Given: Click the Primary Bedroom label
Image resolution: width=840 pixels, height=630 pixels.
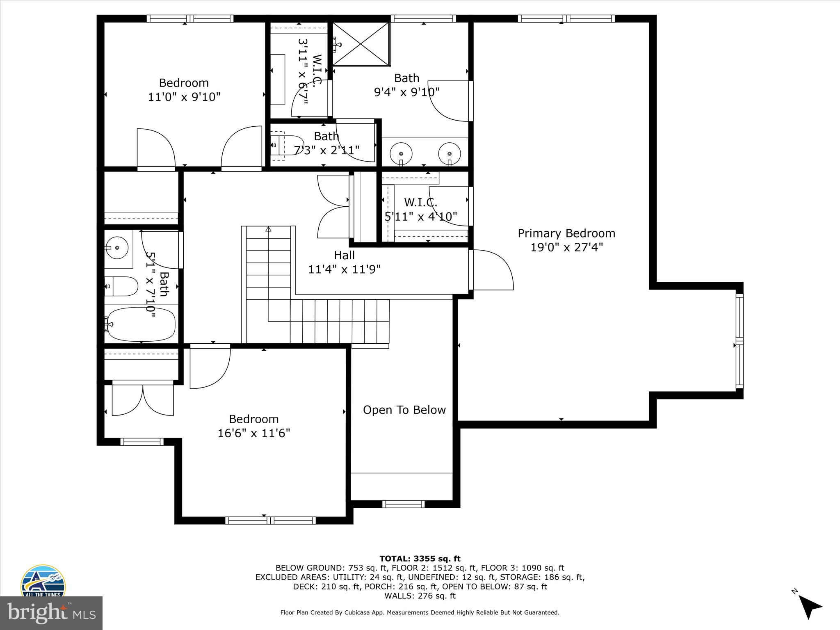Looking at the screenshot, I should click(x=566, y=233).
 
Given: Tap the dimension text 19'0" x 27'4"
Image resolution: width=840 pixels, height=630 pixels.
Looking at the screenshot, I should click(x=566, y=247).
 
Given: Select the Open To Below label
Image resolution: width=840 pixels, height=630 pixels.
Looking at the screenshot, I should click(x=404, y=410).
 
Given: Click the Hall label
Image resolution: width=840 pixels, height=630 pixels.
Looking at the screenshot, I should click(x=344, y=255).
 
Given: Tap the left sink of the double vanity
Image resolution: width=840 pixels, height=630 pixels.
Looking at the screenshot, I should click(x=401, y=153).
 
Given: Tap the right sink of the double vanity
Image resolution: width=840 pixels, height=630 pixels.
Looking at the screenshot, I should click(x=450, y=153).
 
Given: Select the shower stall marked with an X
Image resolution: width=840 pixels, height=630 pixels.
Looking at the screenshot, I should click(x=361, y=44).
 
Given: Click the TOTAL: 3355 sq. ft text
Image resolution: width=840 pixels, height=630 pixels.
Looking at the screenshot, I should click(x=420, y=558).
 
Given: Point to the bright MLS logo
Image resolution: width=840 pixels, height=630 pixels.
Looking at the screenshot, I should click(x=51, y=613).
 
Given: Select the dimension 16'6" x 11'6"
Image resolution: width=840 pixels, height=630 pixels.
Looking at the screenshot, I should click(x=254, y=433).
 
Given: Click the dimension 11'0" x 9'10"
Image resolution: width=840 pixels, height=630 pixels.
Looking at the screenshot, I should click(x=184, y=97).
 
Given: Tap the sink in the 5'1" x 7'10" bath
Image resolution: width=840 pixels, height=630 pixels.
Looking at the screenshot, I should click(x=117, y=248).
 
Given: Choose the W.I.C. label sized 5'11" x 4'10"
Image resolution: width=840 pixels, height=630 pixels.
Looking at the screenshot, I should click(x=420, y=202).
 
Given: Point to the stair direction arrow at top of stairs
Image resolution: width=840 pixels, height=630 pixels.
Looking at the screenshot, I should click(x=268, y=229).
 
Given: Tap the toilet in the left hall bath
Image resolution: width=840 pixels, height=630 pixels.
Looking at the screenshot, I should click(x=122, y=286).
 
